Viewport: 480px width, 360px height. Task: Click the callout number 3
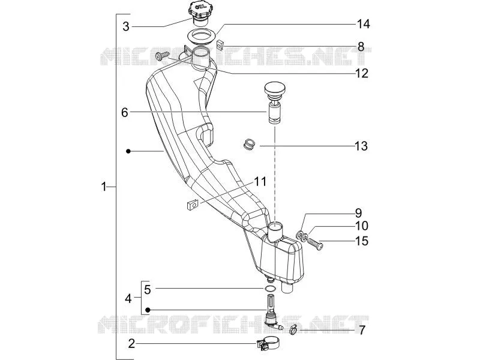126,26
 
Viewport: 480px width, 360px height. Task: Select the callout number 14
364,24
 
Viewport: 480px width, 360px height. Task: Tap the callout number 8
361,47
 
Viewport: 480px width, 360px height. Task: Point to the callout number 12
362,73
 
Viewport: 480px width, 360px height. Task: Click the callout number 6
124,113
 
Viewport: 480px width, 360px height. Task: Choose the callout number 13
361,146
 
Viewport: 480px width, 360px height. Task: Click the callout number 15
362,241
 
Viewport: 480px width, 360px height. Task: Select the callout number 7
362,331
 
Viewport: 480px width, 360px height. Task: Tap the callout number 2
131,343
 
